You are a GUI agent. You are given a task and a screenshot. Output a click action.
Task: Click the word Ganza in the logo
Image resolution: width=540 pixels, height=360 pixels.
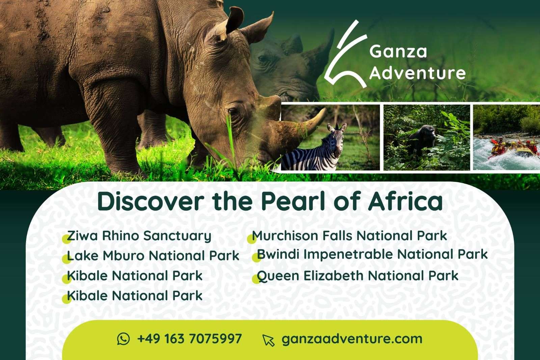tap(398, 52)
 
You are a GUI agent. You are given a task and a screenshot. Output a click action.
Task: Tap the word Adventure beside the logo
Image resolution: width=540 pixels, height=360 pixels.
tap(417, 73)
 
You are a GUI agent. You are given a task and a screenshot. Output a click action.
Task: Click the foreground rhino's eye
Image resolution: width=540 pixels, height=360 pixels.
tap(233, 112)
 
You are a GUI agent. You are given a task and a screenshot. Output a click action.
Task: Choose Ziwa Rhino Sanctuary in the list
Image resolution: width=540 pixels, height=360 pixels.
tap(139, 236)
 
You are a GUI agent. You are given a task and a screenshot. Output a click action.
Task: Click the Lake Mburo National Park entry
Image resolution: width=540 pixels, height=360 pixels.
tap(153, 256)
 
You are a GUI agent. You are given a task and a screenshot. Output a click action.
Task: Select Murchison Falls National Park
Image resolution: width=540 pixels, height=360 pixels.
tap(350, 236)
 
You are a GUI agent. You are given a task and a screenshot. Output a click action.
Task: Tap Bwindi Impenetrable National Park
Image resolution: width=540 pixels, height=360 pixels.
tap(372, 254)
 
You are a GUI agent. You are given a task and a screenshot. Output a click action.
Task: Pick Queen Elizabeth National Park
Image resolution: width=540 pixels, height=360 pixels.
tap(357, 276)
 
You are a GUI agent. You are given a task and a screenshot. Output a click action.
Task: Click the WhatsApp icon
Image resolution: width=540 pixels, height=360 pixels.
tap(124, 338)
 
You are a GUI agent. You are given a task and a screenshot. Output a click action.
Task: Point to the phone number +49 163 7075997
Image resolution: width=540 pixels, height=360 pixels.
tap(189, 338)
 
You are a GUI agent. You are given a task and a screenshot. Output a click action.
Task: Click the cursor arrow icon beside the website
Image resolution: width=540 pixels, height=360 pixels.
tap(268, 340)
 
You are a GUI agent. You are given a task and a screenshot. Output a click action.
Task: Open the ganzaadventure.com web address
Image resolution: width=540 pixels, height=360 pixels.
tap(352, 339)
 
